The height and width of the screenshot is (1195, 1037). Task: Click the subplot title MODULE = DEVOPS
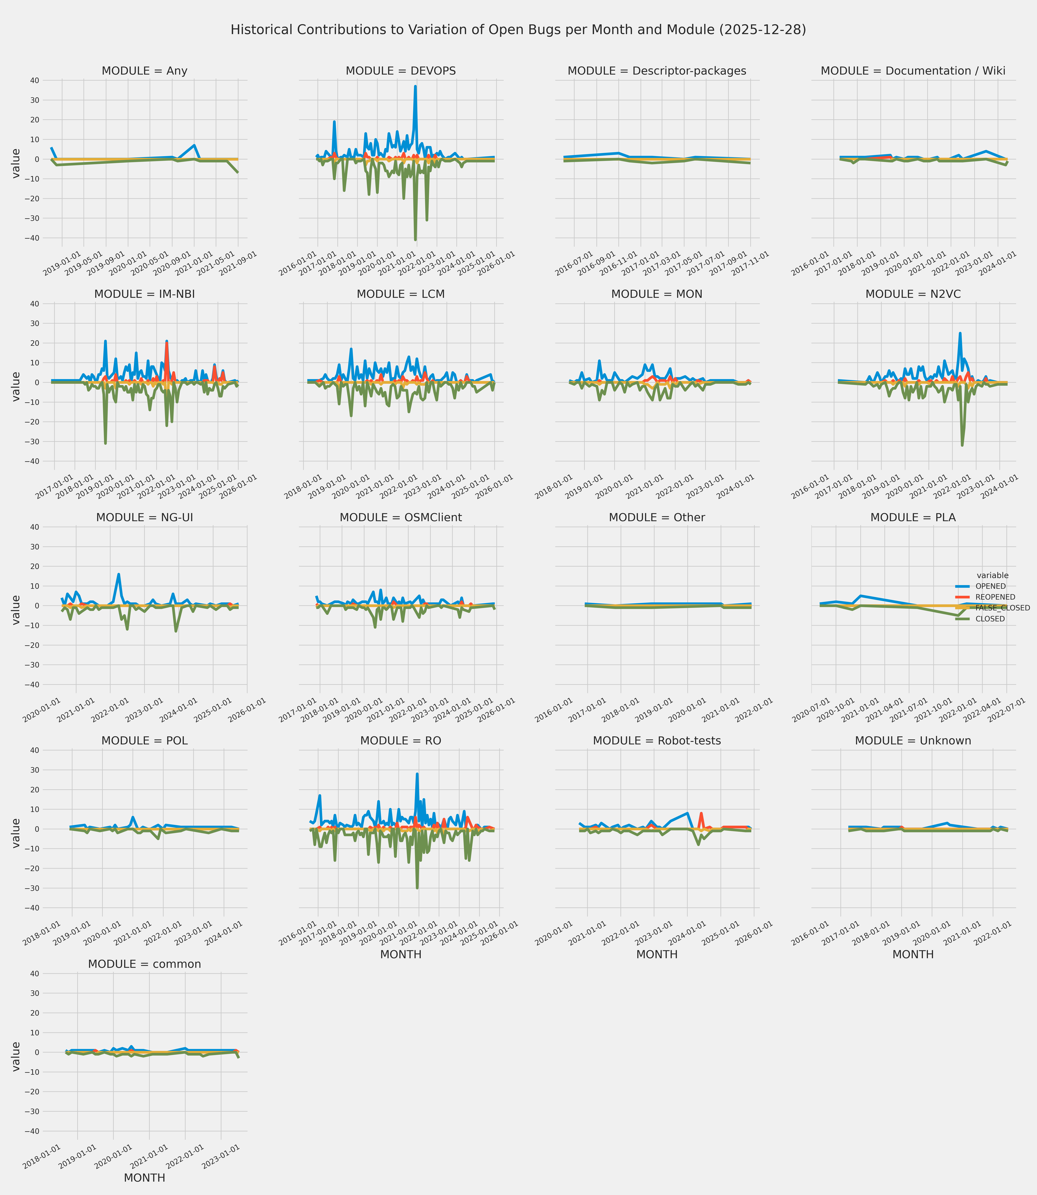pos(400,71)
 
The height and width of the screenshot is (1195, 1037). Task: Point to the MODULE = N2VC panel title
pos(913,295)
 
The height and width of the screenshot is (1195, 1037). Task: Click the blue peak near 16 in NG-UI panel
pos(119,575)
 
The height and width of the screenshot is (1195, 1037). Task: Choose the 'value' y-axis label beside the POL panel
pos(16,833)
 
